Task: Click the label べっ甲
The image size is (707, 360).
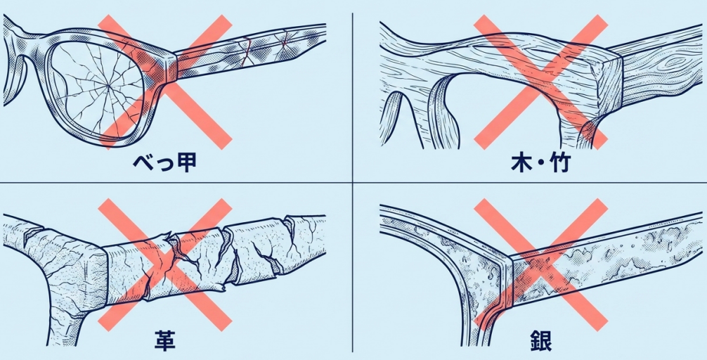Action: coord(164,162)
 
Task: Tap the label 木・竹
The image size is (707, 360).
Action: coord(540,162)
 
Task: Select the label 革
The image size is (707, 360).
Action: coord(165,342)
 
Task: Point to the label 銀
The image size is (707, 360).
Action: coord(541,342)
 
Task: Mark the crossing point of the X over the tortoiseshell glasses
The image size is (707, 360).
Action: coord(165,82)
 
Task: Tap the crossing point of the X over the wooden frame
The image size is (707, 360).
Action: coord(541,82)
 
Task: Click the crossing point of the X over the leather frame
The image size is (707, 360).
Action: coord(165,265)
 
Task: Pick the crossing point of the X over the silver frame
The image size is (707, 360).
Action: coord(541,265)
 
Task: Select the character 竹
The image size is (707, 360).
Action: coord(560,162)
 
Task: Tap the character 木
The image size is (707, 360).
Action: coord(521,162)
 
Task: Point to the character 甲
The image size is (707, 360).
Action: coord(187,162)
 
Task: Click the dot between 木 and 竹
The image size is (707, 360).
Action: coord(541,163)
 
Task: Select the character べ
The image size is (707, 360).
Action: coord(143,162)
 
